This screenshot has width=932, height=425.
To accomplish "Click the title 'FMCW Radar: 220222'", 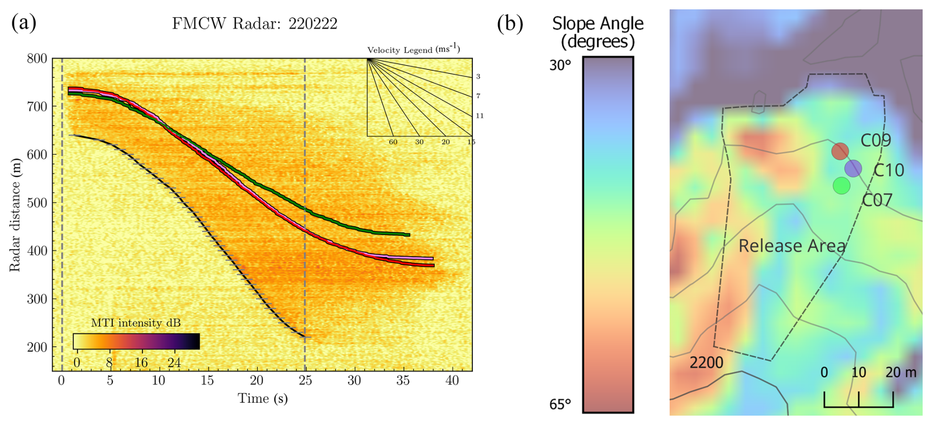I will [x=254, y=24].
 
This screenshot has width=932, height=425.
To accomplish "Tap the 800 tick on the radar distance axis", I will [x=37, y=59].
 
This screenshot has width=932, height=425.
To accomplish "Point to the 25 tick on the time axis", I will [x=305, y=380].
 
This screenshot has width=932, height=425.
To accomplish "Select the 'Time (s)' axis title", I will [x=263, y=398].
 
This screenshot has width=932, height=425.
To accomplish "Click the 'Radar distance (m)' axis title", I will [x=15, y=215].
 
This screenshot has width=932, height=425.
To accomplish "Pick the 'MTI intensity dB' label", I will [x=136, y=323].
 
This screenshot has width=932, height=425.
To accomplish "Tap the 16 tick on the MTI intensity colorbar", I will [x=141, y=363].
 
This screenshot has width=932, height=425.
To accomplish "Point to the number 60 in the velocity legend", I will [x=393, y=142].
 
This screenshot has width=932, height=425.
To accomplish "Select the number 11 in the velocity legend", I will [x=479, y=116].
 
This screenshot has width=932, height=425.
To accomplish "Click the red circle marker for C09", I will [x=840, y=151].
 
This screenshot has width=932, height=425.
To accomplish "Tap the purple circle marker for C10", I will [x=853, y=168].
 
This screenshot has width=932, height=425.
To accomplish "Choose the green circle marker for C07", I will [x=841, y=186].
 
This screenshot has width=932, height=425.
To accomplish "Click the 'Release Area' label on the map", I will [x=792, y=246].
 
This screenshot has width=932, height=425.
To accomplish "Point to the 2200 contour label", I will [x=706, y=363].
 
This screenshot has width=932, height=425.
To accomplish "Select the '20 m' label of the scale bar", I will [x=901, y=372].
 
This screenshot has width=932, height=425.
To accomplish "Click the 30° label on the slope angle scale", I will [x=561, y=65].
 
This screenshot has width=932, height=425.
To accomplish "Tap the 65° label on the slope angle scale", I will [x=561, y=404].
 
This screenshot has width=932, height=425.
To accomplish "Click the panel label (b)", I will [x=510, y=23].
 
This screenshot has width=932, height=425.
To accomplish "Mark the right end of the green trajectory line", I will [x=408, y=235].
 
